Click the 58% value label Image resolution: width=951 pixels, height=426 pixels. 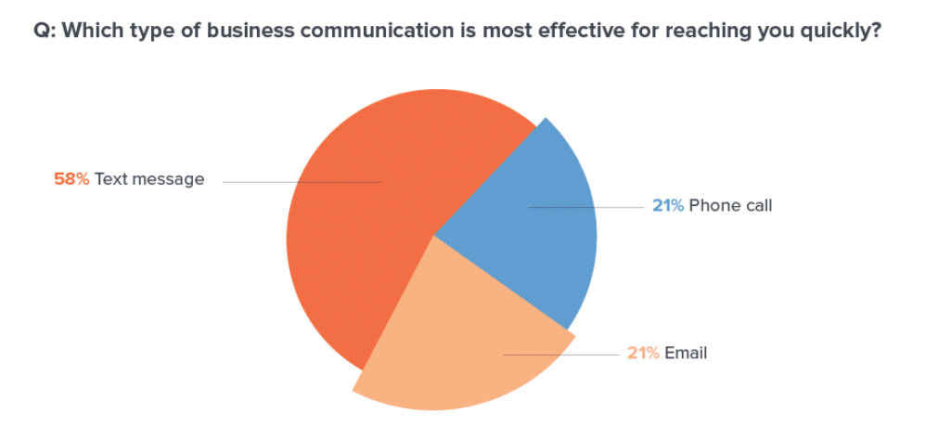tap(71, 179)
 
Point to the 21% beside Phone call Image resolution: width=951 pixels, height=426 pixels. tap(668, 206)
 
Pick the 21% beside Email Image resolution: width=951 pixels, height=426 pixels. tap(643, 354)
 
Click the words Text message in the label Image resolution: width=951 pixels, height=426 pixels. tap(149, 179)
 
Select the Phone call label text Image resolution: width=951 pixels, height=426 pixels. tap(730, 206)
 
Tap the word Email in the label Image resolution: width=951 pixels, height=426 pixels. tap(687, 354)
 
